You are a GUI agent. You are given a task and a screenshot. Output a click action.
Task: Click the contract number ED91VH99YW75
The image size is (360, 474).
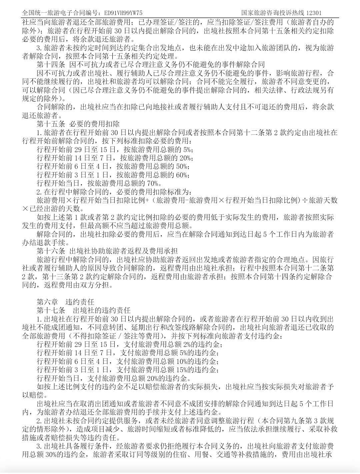123,13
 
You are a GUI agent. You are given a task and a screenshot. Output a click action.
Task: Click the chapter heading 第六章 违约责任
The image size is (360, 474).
66,302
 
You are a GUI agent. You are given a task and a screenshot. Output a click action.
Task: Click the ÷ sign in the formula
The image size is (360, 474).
304,200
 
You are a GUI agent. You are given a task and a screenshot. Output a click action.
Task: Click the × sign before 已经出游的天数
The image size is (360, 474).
26,209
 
